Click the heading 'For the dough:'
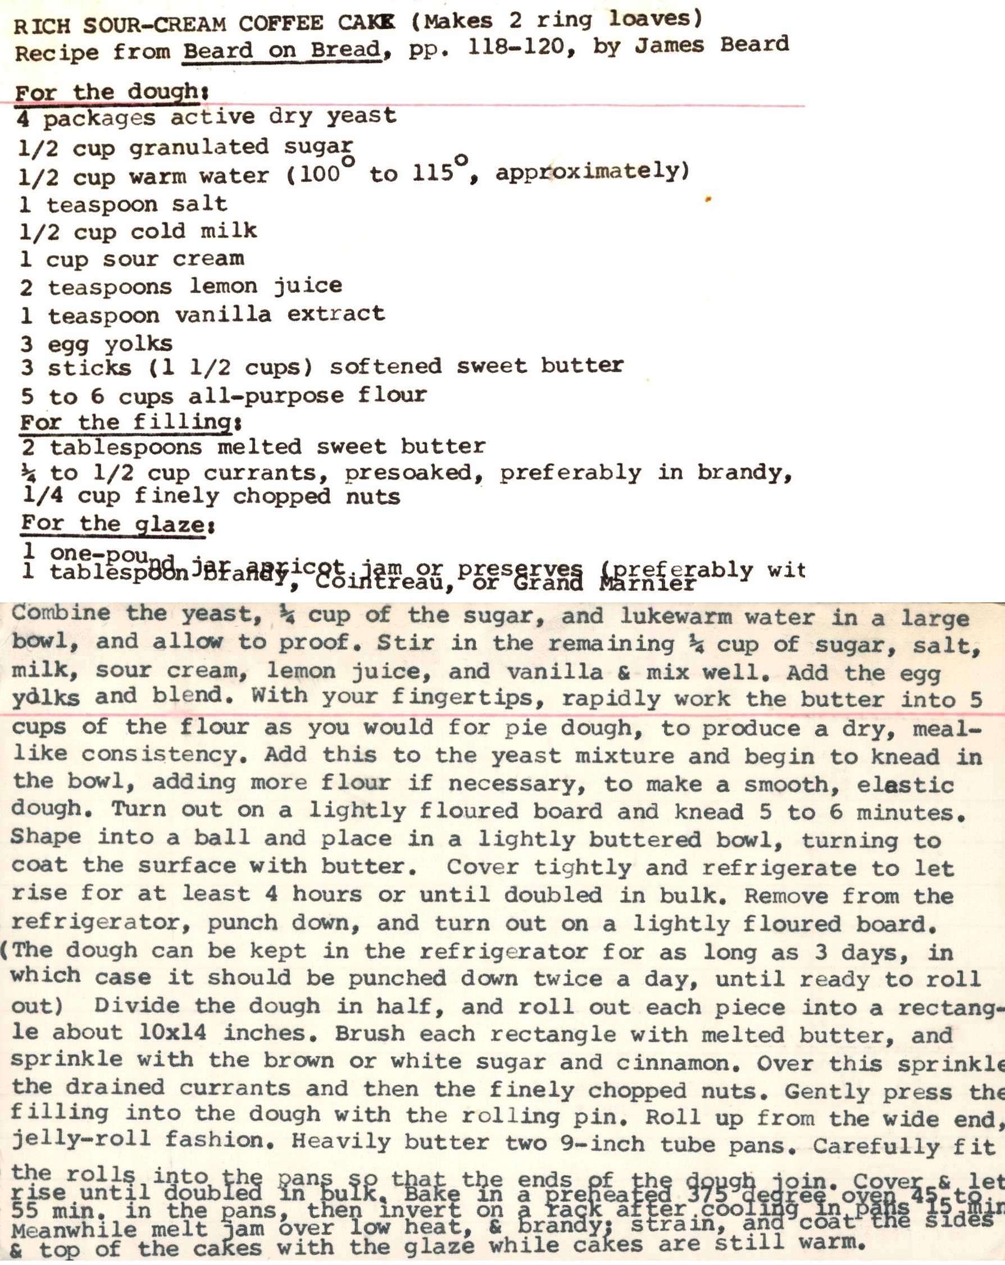click(110, 93)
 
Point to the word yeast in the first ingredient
click(362, 116)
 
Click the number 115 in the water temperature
click(433, 172)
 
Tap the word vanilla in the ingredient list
click(223, 315)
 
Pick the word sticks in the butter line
click(89, 368)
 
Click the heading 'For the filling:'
click(129, 422)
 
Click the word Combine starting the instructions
click(61, 613)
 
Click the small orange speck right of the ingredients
click(708, 200)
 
